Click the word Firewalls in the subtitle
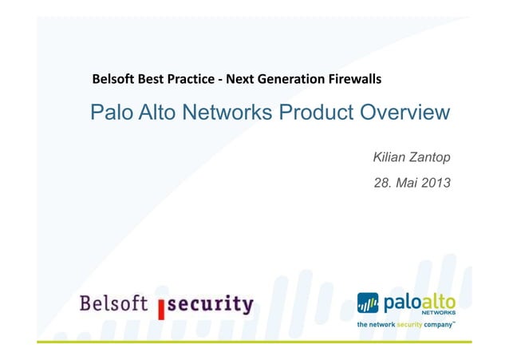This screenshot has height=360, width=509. pyautogui.click(x=353, y=80)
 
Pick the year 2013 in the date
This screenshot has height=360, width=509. pyautogui.click(x=434, y=183)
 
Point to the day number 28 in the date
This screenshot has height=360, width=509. pyautogui.click(x=382, y=183)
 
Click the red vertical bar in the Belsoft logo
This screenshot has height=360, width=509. pyautogui.click(x=163, y=306)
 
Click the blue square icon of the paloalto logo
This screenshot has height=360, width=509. pyautogui.click(x=367, y=303)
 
